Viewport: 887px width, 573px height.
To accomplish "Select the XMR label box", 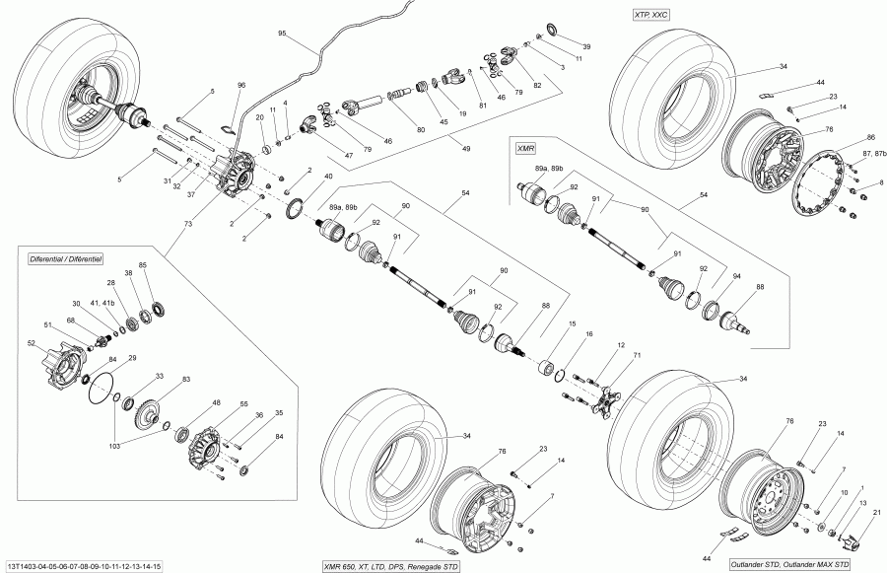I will point(525,146).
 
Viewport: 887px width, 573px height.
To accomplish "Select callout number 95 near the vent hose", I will point(281,34).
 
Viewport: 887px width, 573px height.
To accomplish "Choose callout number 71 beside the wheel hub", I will point(637,354).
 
